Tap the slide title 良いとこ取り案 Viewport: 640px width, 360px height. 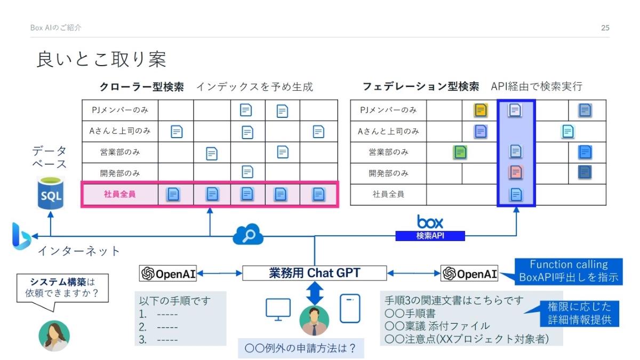(101, 59)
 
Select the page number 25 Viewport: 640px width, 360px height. (605, 28)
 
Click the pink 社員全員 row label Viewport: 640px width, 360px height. (119, 194)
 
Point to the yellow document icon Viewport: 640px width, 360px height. (481, 110)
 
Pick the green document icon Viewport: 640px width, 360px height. (460, 152)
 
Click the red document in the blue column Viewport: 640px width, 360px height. (515, 172)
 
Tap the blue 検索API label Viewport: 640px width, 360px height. (430, 236)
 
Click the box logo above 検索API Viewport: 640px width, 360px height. (430, 221)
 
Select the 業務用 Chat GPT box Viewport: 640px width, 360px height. (314, 273)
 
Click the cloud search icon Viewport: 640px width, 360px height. (248, 235)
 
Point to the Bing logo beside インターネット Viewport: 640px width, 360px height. (21, 236)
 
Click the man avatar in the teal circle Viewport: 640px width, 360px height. (314, 320)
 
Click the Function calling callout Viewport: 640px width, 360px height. (569, 271)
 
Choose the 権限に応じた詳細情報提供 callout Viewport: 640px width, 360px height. (582, 314)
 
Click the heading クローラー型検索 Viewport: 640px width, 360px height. (142, 86)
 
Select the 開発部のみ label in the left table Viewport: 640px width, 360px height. (119, 173)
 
